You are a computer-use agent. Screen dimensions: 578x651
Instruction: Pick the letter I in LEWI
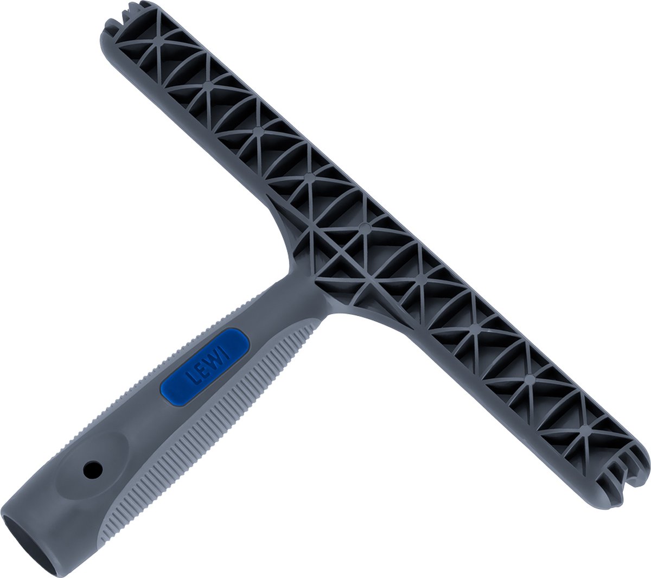pos(222,351)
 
